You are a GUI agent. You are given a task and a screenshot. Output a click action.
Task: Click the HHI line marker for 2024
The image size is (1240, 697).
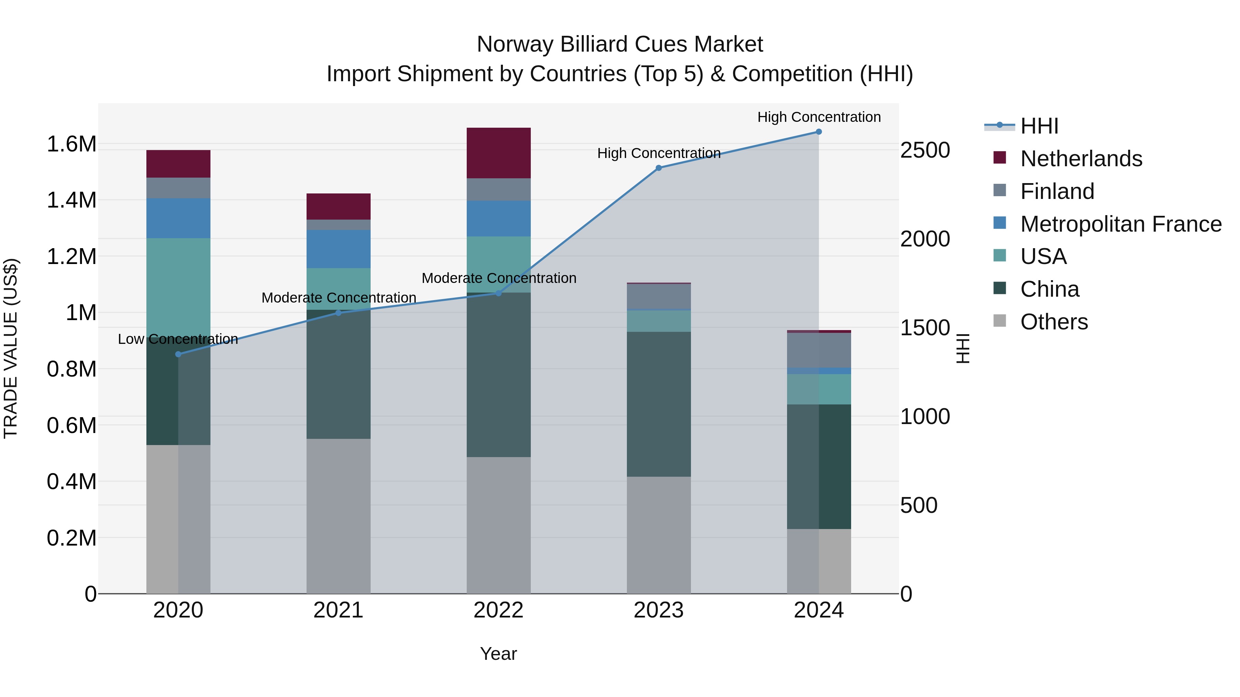pos(818,132)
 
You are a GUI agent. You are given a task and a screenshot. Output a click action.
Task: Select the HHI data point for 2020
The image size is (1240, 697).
pos(178,354)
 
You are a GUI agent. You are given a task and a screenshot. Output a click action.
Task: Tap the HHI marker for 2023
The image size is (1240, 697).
pos(659,168)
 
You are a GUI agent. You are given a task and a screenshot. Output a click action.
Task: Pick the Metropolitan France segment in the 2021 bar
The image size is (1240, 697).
pos(338,249)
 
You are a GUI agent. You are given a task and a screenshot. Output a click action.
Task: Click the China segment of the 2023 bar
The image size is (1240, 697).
pos(659,404)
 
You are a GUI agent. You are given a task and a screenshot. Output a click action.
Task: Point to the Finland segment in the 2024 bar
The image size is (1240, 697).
pos(818,350)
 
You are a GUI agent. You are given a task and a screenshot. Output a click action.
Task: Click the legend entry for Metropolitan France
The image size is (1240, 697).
pos(1120,224)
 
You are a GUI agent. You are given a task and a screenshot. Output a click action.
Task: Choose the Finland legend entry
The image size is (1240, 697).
pos(1057,191)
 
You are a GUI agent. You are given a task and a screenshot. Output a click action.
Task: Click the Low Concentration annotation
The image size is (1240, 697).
pos(178,339)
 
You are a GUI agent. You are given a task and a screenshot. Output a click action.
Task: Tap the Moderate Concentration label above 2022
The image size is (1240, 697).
pos(499,278)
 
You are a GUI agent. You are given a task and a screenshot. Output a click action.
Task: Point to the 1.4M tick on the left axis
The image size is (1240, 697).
pos(71,200)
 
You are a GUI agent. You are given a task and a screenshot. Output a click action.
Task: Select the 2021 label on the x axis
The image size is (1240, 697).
pos(338,610)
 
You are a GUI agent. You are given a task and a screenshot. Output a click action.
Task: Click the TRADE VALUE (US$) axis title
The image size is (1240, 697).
pos(11,348)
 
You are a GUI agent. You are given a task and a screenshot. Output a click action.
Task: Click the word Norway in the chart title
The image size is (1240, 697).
pos(515,44)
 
